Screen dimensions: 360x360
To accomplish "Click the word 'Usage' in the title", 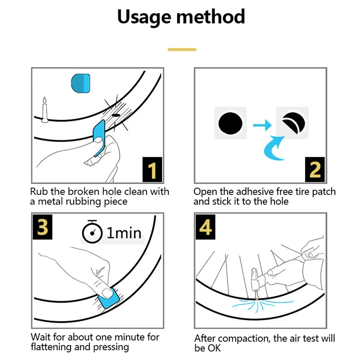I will click(144, 17).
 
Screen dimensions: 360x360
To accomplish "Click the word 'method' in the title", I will click(211, 17).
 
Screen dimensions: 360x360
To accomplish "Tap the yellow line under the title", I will click(182, 49).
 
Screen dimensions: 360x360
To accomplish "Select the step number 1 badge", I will click(152, 170).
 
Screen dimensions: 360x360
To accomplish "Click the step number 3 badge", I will click(43, 228).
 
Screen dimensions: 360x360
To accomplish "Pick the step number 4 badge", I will click(206, 228).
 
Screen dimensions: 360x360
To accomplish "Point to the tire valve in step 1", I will click(45, 109).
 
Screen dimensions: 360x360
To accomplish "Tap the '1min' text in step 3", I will click(123, 233).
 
